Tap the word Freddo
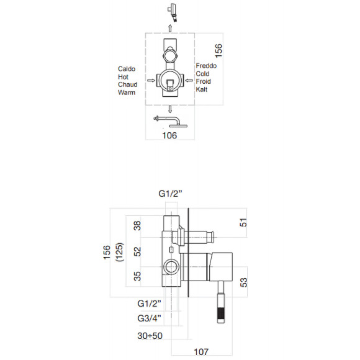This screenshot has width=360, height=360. click(206, 65)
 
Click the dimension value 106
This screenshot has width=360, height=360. click(169, 135)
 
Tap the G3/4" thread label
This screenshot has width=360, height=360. click(150, 318)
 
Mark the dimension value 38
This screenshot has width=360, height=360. click(138, 227)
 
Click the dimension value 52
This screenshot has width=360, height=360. click(138, 251)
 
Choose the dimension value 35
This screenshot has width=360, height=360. click(138, 276)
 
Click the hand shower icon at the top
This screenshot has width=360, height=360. click(172, 11)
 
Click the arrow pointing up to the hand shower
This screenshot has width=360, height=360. click(171, 29)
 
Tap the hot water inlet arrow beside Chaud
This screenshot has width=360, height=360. click(150, 80)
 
